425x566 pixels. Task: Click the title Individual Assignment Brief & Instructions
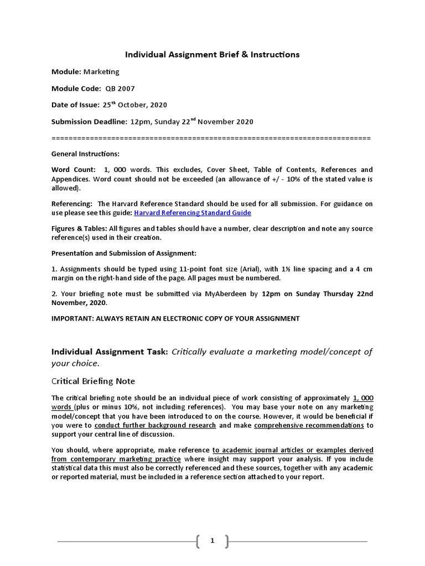[x=212, y=54]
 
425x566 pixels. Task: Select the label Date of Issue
[x=75, y=105]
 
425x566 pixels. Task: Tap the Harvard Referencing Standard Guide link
[x=193, y=213]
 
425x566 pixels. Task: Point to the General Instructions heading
[x=85, y=154]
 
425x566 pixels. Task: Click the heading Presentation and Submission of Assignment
[x=123, y=253]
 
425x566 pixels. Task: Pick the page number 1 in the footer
[x=212, y=541]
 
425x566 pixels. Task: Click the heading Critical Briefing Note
[x=93, y=381]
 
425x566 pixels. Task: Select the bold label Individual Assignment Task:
[x=110, y=352]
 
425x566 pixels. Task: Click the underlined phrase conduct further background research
[x=156, y=426]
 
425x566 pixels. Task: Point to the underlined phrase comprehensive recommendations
[x=309, y=426]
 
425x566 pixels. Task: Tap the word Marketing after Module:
[x=101, y=72]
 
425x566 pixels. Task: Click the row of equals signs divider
[x=211, y=138]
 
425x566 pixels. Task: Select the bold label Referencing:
[x=72, y=204]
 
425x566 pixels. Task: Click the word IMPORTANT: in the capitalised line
[x=72, y=318]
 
